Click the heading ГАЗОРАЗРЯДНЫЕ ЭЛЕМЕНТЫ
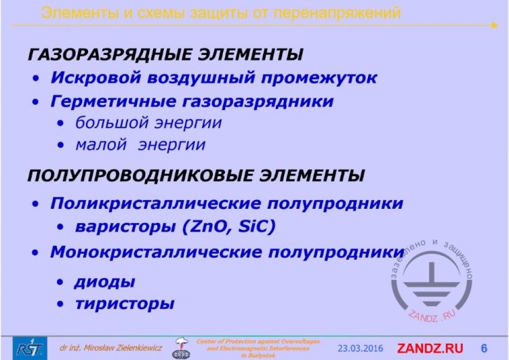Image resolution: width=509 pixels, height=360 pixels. point(165,54)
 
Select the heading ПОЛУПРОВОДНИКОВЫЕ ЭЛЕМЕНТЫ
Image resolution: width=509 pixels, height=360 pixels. point(196,176)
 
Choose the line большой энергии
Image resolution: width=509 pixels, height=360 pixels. point(148,123)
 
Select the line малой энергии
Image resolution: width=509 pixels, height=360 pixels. point(140,144)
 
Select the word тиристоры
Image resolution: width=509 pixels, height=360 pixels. point(125,304)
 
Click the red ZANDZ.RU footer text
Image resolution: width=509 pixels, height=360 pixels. point(430,348)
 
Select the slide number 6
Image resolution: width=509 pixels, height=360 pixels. point(484,348)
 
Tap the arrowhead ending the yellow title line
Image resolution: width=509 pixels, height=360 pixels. point(495,25)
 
